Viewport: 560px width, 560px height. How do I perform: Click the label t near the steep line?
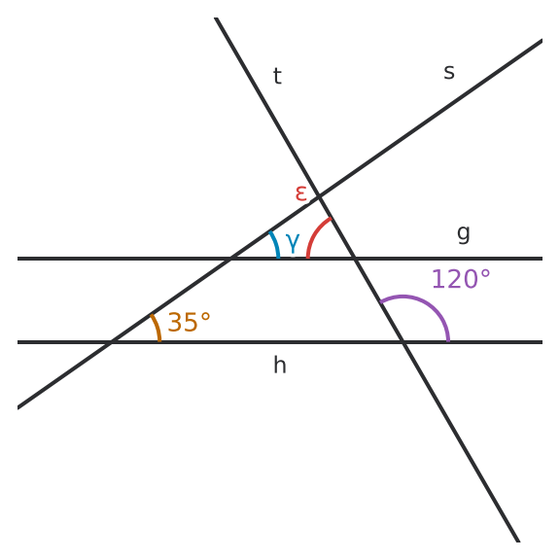pyautogui.click(x=277, y=76)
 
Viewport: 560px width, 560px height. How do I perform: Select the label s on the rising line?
pyautogui.click(x=449, y=72)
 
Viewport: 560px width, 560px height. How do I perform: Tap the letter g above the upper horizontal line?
pyautogui.click(x=464, y=234)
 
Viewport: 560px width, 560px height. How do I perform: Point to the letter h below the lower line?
pyautogui.click(x=280, y=365)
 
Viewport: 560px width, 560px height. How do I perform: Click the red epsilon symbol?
pyautogui.click(x=301, y=193)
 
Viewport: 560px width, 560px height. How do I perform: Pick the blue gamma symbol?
pyautogui.click(x=293, y=243)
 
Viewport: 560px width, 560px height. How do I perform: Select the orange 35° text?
pyautogui.click(x=189, y=322)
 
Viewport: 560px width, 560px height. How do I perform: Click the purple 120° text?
pyautogui.click(x=461, y=279)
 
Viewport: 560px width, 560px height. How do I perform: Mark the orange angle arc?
pyautogui.click(x=157, y=327)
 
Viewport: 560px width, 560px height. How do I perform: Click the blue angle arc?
pyautogui.click(x=275, y=244)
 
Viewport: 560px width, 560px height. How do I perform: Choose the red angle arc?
pyautogui.click(x=314, y=234)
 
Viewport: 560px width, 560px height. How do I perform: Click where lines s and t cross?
pyautogui.click(x=319, y=196)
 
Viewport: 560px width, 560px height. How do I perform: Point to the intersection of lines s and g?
pyautogui.click(x=230, y=259)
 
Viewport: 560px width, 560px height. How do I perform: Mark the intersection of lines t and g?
pyautogui.click(x=355, y=259)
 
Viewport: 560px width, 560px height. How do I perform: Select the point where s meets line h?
pyautogui.click(x=111, y=342)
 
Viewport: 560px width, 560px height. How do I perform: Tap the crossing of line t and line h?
pyautogui.click(x=402, y=342)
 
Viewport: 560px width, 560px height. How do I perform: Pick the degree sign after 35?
pyautogui.click(x=205, y=316)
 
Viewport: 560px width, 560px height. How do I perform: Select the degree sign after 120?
pyautogui.click(x=485, y=274)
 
